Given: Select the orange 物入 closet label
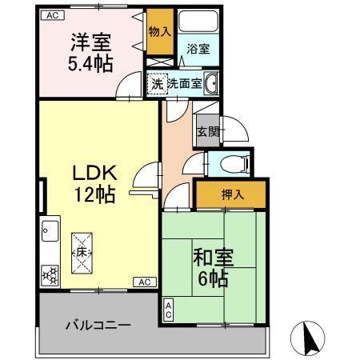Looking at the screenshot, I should pyautogui.click(x=158, y=32).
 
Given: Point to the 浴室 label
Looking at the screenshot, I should pyautogui.click(x=197, y=49).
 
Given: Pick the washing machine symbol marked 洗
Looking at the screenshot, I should pyautogui.click(x=158, y=82).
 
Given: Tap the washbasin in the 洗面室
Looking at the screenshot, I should pyautogui.click(x=212, y=82).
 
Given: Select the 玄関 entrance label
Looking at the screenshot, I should pyautogui.click(x=207, y=132).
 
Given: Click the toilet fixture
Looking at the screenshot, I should pyautogui.click(x=232, y=164).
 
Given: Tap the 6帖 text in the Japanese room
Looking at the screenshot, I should pyautogui.click(x=213, y=279).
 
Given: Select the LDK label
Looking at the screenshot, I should pyautogui.click(x=96, y=172).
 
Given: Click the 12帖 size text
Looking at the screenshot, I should pyautogui.click(x=96, y=193).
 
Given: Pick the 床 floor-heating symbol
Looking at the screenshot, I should pyautogui.click(x=82, y=252).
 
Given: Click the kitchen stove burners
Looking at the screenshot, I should pyautogui.click(x=49, y=275).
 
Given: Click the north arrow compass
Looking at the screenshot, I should pyautogui.click(x=310, y=338).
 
